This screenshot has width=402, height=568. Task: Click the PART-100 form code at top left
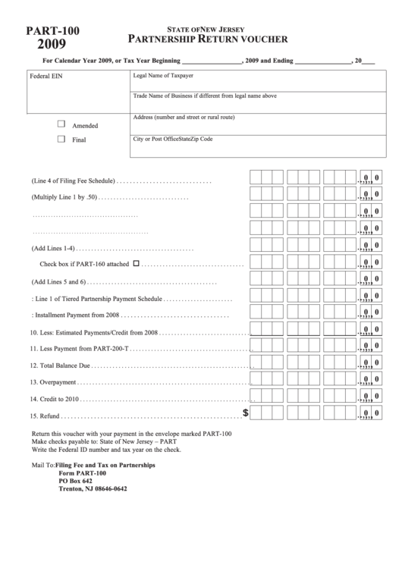(x=52, y=30)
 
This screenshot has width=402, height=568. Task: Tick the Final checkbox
(x=61, y=140)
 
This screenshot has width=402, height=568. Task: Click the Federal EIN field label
(x=46, y=77)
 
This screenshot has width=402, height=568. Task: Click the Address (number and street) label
(x=184, y=118)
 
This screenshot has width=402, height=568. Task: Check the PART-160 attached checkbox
(x=137, y=264)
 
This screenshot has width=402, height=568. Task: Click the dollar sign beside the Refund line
(x=245, y=413)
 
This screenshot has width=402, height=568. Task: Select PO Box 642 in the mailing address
(x=76, y=481)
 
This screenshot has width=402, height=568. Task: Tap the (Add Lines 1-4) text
(x=52, y=248)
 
